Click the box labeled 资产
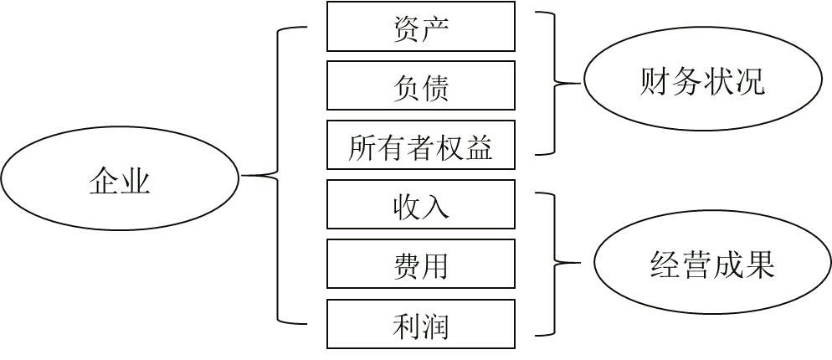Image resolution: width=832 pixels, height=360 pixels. coord(420,27)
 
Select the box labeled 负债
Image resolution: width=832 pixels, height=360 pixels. coord(420,85)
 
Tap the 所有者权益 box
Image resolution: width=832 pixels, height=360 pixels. coord(420,146)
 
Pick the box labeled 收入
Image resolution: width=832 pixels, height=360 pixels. coord(420,205)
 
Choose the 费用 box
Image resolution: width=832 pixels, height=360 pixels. coord(420,265)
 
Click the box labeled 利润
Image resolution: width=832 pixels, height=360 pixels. coord(420,324)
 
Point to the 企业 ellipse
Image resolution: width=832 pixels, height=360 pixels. coord(120,177)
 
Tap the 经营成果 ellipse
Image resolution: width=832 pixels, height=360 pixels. coord(712,262)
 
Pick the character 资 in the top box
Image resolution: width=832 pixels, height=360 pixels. coord(407,28)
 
